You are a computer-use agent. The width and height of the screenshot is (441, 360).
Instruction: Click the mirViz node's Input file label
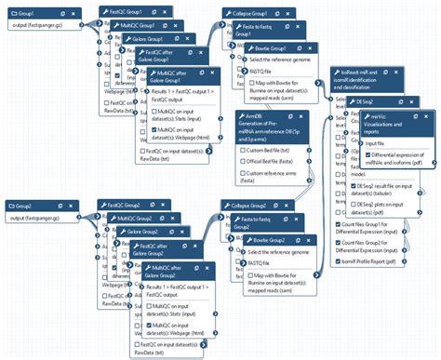[x=367, y=143]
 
